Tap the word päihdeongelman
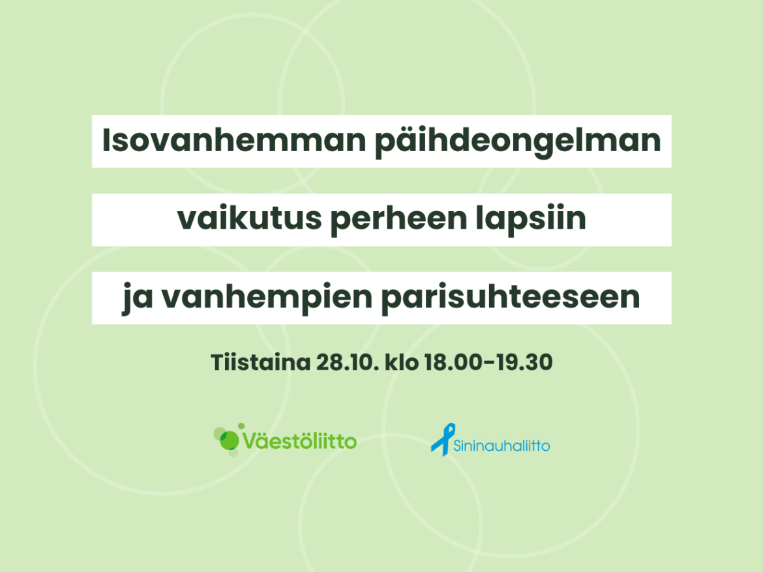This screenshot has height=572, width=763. click(x=518, y=141)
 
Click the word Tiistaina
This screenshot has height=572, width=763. click(x=260, y=362)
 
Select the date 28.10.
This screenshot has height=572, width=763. click(x=346, y=362)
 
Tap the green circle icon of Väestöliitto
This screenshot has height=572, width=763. click(x=229, y=440)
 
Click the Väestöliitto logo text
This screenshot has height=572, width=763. click(x=300, y=441)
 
